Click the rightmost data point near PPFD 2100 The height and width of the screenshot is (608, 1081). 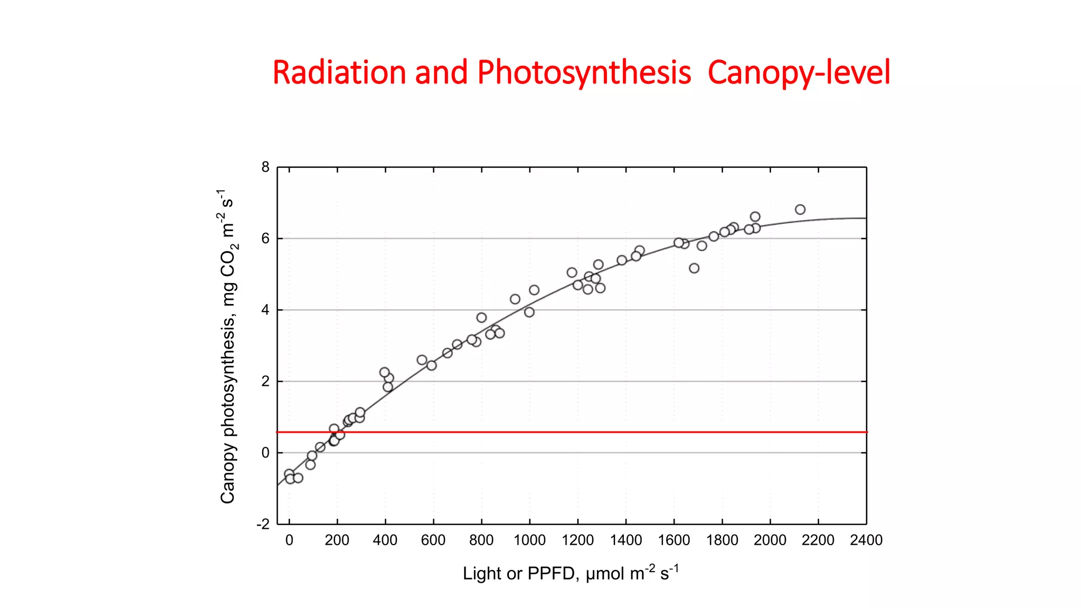point(800,210)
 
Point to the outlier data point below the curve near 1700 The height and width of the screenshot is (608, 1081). point(694,268)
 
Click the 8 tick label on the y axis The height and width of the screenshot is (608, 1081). point(265,167)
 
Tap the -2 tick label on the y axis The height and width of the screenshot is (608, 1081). point(263,524)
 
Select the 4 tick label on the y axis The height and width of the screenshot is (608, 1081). point(265,310)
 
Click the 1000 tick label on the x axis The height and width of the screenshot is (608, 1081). point(529,540)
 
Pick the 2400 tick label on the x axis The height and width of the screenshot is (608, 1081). point(866,540)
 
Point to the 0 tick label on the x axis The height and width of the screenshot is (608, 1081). point(289,540)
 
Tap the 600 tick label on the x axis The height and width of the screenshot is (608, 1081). point(433,540)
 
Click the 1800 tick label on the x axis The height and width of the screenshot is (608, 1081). point(722,540)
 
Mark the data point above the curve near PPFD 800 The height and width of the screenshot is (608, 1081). point(481,317)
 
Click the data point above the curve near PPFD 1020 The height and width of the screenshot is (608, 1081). point(534,290)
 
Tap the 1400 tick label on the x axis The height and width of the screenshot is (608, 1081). point(626,540)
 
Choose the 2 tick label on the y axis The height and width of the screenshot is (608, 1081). point(265,381)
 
